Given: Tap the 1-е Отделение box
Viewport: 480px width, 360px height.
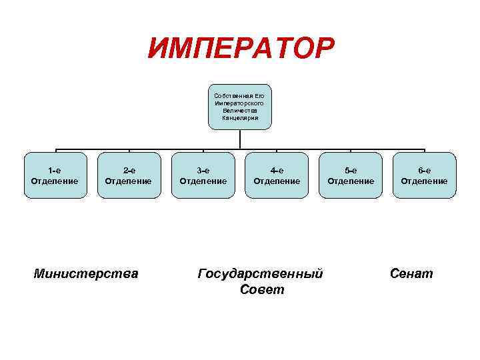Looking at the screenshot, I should tap(55, 175).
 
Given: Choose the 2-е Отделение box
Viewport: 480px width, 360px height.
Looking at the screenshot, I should tap(129, 175).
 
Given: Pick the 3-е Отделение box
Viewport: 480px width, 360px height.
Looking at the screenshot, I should tap(203, 175).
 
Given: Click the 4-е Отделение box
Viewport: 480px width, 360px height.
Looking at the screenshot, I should tap(277, 175).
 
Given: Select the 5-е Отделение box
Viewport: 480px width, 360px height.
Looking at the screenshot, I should tap(351, 175).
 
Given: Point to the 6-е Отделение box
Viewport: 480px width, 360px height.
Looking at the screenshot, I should tap(424, 175).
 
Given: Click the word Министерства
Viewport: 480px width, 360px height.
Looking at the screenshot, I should tap(86, 273).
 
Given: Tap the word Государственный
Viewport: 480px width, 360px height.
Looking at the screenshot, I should tap(261, 273).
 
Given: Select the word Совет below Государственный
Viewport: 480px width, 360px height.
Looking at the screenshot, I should tap(261, 290).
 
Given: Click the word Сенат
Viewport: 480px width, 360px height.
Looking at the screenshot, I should tap(411, 273).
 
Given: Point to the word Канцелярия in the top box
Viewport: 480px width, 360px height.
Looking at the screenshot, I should tap(240, 118).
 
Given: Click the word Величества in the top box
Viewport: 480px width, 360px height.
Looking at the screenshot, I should tap(240, 111).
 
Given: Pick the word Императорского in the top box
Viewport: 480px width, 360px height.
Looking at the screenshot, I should tap(240, 103).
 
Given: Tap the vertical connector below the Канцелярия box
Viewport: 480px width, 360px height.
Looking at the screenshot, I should tap(240, 139).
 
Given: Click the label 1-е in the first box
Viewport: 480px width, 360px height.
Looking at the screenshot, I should tap(55, 170).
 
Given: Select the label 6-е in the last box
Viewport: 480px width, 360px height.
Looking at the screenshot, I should tap(424, 170).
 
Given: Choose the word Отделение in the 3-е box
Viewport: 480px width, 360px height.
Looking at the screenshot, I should tap(203, 181).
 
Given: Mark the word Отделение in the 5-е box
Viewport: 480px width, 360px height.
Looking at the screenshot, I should tap(351, 181).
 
